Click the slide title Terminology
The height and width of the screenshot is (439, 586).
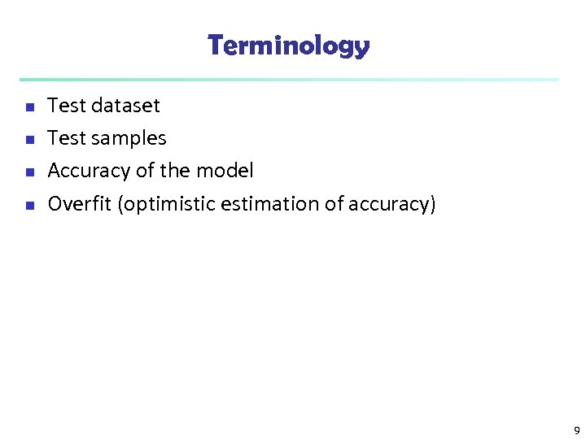(289, 46)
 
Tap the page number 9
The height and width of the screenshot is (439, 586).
(576, 431)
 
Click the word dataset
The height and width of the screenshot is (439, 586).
(126, 106)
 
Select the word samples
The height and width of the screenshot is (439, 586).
(129, 139)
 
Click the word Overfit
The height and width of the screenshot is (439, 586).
(80, 204)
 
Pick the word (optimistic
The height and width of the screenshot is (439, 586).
(167, 205)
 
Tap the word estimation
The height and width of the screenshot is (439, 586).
(272, 204)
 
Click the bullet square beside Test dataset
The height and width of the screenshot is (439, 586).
(29, 107)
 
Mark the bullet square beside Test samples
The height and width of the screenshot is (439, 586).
(29, 140)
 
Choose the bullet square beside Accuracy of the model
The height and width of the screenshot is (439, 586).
(29, 172)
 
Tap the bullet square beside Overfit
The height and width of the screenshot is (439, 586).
(29, 206)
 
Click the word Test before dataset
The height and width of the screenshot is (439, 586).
(67, 106)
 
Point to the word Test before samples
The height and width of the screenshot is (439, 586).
(67, 138)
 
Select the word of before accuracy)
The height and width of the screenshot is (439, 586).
(335, 204)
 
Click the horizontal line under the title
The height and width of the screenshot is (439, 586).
(289, 80)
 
